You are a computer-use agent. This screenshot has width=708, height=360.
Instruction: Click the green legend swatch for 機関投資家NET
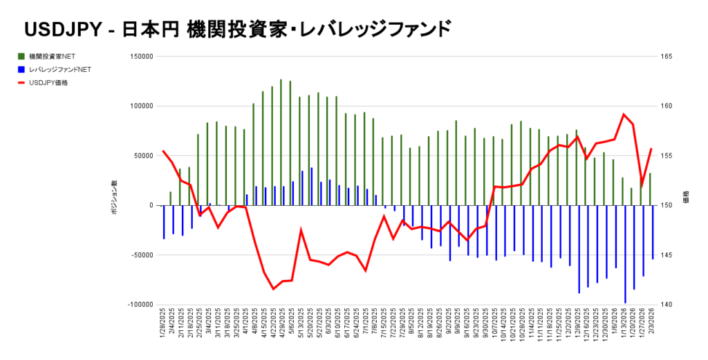click(x=23, y=56)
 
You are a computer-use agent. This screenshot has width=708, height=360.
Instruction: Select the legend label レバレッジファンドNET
click(x=61, y=69)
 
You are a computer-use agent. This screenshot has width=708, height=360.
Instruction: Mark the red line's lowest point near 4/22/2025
click(x=273, y=289)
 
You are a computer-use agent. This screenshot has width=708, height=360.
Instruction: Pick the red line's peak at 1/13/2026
click(x=624, y=114)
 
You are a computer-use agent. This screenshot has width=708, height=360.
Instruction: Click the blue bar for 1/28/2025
click(x=164, y=222)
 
